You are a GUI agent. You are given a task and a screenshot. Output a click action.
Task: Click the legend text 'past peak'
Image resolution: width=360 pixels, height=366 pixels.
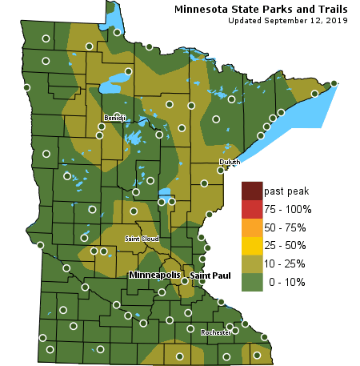click(x=286, y=191)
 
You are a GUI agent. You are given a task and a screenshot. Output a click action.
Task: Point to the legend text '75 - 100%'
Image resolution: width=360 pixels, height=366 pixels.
click(x=287, y=210)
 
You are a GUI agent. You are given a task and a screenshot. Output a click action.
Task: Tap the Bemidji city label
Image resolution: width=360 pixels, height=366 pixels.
click(x=115, y=119)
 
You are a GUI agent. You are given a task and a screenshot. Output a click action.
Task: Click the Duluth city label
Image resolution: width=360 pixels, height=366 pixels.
click(x=229, y=162)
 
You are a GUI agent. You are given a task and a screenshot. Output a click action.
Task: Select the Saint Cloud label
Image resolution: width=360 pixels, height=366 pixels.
click(x=142, y=239)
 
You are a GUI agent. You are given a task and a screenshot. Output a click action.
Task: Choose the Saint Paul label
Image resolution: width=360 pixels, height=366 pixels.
click(x=210, y=276)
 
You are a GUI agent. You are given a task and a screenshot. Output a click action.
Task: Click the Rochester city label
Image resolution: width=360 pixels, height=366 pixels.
click(x=216, y=332)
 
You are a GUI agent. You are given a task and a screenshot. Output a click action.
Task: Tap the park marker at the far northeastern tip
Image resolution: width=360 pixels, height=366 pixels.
click(x=334, y=83)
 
